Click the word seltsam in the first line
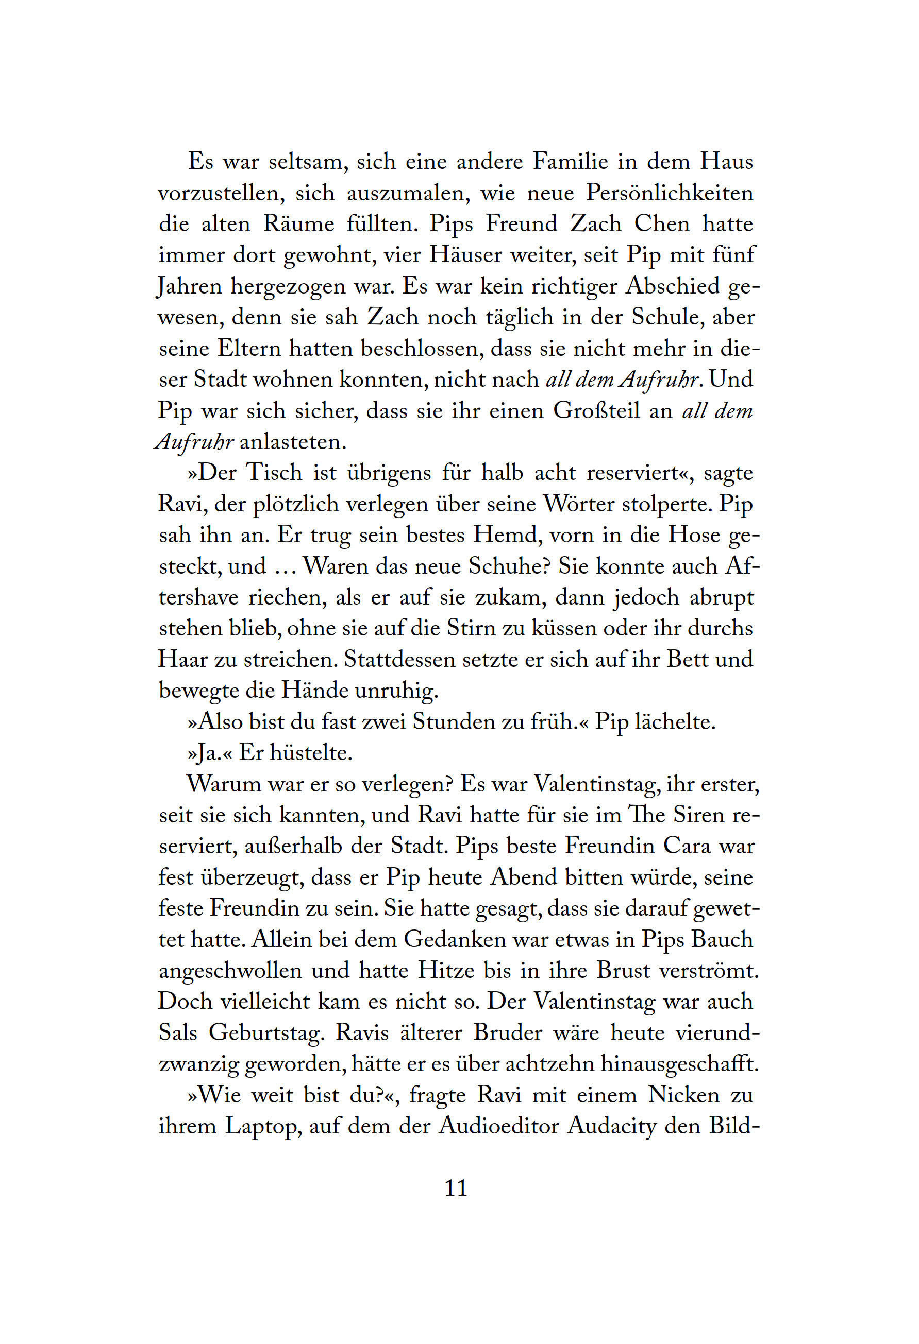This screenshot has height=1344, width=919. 308,161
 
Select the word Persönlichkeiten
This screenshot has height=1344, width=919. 670,193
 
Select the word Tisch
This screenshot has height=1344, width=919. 274,473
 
